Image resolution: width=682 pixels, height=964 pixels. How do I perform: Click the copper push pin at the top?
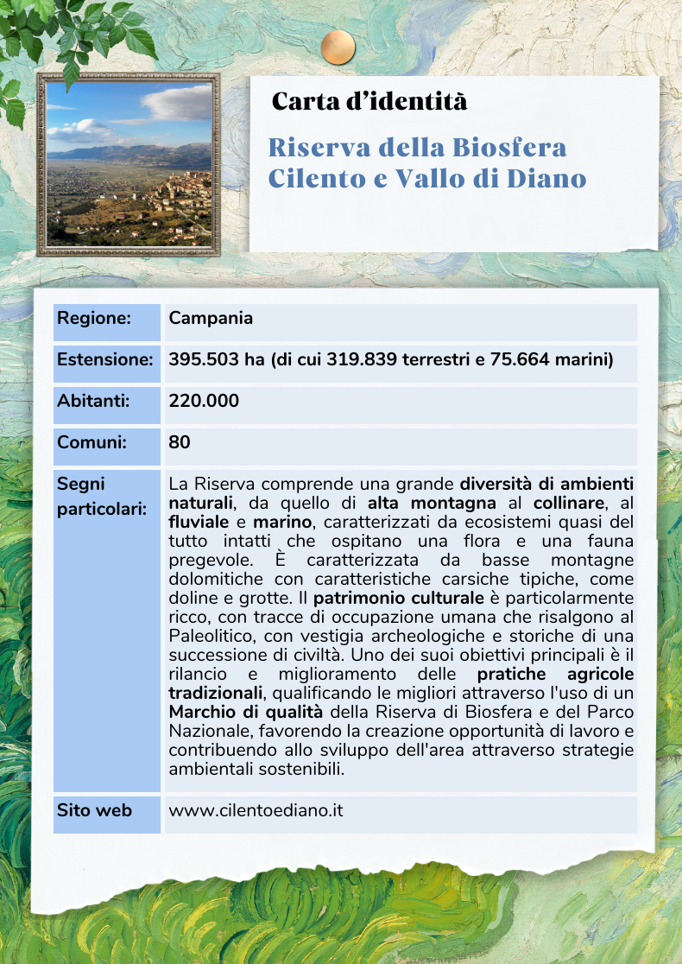[338, 47]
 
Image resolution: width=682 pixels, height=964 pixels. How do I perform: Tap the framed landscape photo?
[129, 164]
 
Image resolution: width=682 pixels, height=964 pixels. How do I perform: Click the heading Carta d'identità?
[369, 102]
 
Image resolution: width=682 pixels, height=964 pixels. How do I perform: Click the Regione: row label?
[94, 318]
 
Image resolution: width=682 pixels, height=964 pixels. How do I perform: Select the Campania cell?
[212, 318]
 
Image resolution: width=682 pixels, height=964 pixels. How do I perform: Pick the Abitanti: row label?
[93, 401]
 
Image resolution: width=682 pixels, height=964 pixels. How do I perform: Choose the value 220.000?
[205, 401]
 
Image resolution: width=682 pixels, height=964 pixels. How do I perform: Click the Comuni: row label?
[92, 442]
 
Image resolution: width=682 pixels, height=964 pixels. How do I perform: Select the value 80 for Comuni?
[180, 442]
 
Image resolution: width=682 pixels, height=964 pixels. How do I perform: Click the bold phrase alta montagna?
[432, 503]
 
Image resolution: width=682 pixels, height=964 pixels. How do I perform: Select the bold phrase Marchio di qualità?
[246, 712]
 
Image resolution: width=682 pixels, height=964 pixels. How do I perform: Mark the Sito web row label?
[95, 810]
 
